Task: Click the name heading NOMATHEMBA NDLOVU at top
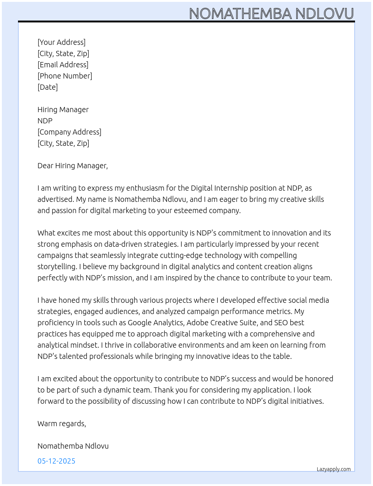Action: [271, 13]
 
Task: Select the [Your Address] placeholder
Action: [61, 42]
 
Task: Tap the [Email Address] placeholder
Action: [63, 65]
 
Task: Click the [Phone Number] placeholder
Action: [65, 76]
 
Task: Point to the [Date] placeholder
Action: [48, 87]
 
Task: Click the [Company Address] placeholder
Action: [69, 132]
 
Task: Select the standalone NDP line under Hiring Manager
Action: [45, 121]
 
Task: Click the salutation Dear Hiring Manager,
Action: [73, 166]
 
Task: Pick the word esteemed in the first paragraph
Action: [191, 210]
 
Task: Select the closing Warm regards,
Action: [62, 424]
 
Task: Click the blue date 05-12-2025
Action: [57, 461]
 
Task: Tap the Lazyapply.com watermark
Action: [334, 469]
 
